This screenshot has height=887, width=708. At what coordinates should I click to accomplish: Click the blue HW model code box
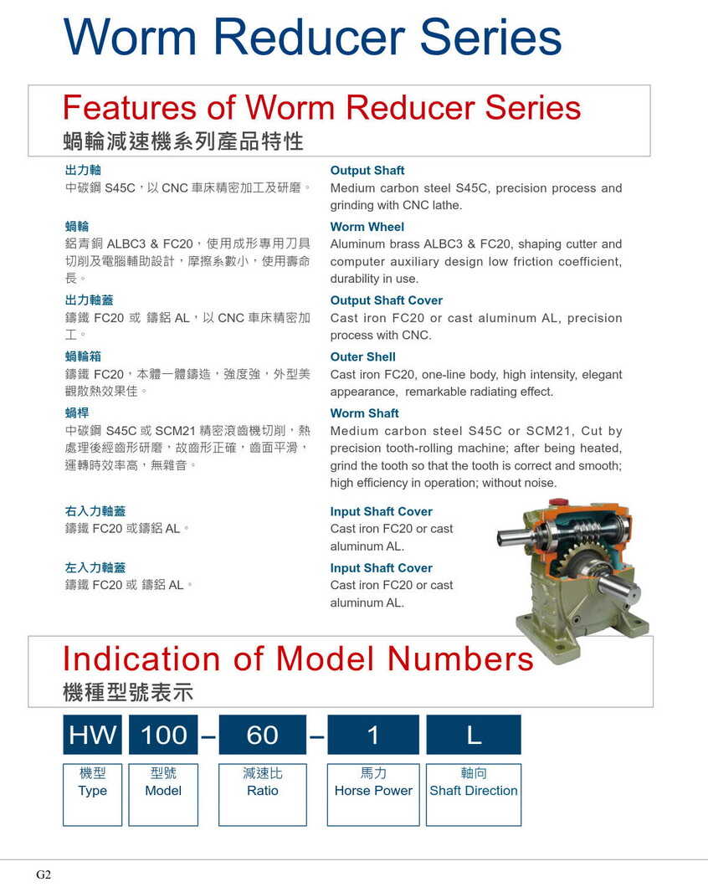[x=92, y=735]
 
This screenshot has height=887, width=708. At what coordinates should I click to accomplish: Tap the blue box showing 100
[x=164, y=735]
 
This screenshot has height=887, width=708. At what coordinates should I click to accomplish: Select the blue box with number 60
[x=262, y=735]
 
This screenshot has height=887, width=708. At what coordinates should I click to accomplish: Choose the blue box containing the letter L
[x=474, y=735]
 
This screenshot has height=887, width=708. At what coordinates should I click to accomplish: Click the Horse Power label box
[x=373, y=793]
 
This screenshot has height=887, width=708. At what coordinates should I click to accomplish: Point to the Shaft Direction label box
[x=474, y=793]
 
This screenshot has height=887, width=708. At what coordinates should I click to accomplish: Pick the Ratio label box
[x=262, y=793]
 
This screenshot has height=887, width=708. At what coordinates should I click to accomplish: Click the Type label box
[x=92, y=793]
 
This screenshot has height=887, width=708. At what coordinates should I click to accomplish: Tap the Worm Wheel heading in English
[x=367, y=227]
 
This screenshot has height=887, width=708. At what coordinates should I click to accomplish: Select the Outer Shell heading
[x=362, y=356]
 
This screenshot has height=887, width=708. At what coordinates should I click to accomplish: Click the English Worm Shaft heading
[x=364, y=413]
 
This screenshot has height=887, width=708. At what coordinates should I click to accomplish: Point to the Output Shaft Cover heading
[x=386, y=300]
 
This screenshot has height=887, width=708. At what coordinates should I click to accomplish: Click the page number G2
[x=44, y=874]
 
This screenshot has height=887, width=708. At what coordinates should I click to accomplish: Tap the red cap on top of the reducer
[x=553, y=503]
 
